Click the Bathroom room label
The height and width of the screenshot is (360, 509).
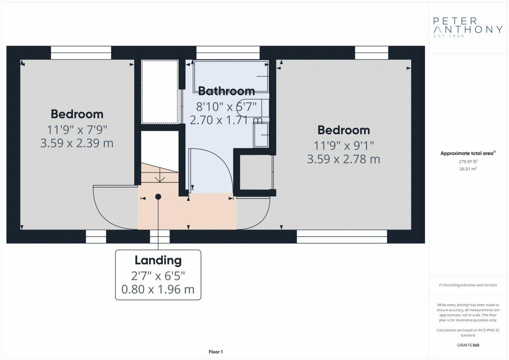226,91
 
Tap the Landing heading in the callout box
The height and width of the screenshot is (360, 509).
158,261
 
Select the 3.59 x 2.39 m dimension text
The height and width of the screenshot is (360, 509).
77,143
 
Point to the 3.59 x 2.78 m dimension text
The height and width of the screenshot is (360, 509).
343,159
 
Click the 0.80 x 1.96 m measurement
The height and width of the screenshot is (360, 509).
158,289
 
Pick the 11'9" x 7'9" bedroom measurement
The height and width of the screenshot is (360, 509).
77,129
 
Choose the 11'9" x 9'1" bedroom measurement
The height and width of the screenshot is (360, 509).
343,145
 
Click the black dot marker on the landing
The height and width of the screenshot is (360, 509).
158,197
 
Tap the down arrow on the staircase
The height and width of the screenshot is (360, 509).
160,177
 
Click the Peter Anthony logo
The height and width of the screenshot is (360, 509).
468,27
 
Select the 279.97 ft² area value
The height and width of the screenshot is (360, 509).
468,162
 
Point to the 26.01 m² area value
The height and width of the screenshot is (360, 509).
468,169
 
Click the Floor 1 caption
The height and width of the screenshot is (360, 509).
216,352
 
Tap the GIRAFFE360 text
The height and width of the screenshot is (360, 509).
468,345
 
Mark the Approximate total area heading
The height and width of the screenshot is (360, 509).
468,153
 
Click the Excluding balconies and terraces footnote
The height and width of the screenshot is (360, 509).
468,285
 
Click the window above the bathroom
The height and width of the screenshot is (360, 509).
228,53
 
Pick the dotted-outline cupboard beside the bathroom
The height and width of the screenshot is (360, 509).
160,91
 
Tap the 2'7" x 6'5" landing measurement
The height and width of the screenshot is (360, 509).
158,276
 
